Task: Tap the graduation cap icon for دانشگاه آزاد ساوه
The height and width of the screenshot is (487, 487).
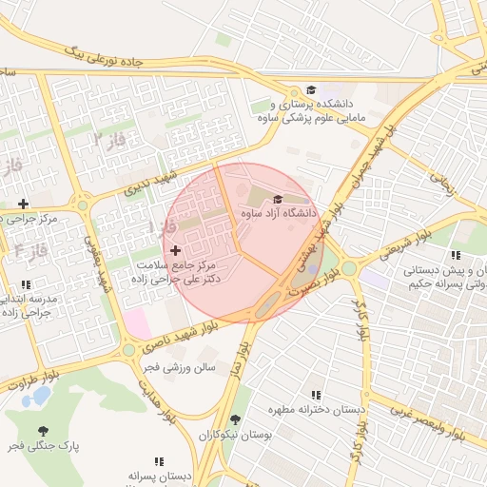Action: click(278, 199)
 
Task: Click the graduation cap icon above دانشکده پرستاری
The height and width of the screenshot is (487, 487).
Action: click(311, 89)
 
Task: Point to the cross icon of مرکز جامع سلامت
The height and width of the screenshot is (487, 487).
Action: click(175, 249)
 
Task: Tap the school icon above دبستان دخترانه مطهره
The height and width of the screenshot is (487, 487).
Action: click(316, 395)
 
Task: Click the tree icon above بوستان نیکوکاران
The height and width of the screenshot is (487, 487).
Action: click(235, 419)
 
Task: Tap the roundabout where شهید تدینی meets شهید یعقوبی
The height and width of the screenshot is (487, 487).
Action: click(83, 205)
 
